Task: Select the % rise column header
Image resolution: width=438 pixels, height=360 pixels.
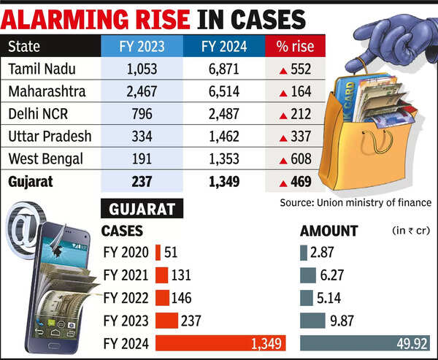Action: point(296,47)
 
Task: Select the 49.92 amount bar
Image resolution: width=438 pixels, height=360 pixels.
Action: point(366,342)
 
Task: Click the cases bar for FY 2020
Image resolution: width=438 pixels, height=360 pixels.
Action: point(158,253)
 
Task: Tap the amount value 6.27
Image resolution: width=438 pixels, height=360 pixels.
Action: point(326,275)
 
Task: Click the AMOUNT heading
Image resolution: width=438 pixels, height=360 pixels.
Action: point(329,231)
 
